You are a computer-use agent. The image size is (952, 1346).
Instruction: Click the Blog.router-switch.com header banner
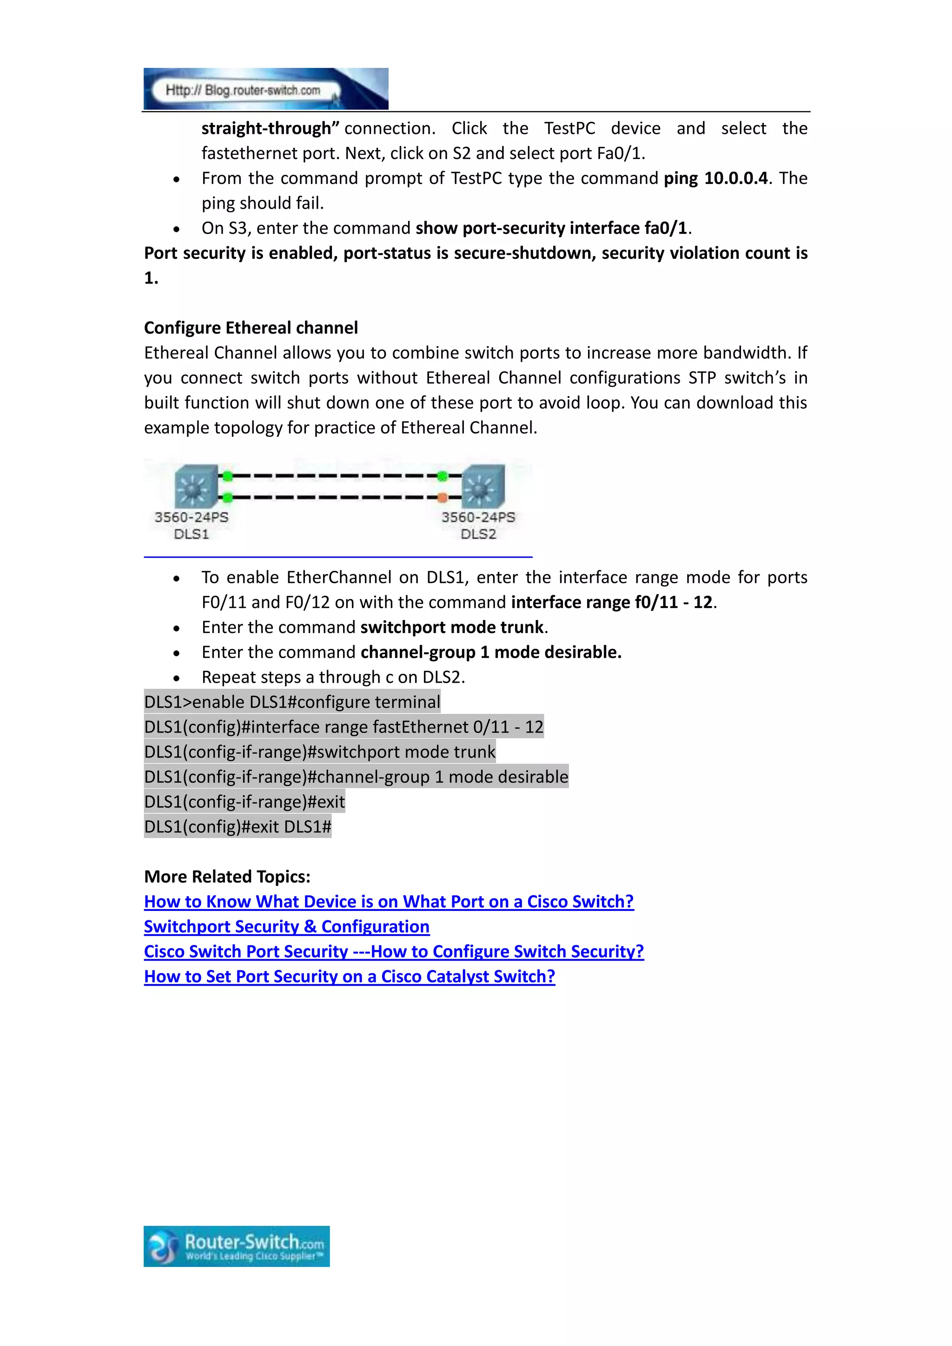(x=265, y=89)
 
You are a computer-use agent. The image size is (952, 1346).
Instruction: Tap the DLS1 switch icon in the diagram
(x=195, y=486)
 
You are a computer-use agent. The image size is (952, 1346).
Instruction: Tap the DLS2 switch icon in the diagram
(x=483, y=486)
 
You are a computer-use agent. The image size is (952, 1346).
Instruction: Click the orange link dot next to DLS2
(x=443, y=498)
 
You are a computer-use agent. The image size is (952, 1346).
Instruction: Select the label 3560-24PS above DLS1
(x=191, y=517)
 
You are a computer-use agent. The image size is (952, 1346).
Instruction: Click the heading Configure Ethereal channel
(x=251, y=328)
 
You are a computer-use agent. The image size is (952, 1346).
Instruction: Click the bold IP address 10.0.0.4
(x=736, y=178)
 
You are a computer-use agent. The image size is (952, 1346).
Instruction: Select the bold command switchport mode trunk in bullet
(x=452, y=627)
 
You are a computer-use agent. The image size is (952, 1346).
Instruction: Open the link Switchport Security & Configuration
(x=287, y=926)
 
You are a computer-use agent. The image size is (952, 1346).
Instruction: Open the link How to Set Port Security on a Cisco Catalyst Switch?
(x=350, y=976)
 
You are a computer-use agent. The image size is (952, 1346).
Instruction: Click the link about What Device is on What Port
(x=389, y=902)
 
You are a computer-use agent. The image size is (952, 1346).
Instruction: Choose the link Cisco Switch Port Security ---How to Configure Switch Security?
(x=394, y=951)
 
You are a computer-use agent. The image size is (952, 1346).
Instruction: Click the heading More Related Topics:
(x=227, y=877)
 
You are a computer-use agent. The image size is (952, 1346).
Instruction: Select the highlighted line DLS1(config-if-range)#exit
(x=245, y=801)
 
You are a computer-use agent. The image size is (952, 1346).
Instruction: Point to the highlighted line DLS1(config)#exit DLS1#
(x=238, y=826)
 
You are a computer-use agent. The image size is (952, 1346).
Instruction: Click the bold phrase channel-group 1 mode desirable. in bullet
(x=491, y=653)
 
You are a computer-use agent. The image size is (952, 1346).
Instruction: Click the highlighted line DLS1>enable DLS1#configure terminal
(x=292, y=702)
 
